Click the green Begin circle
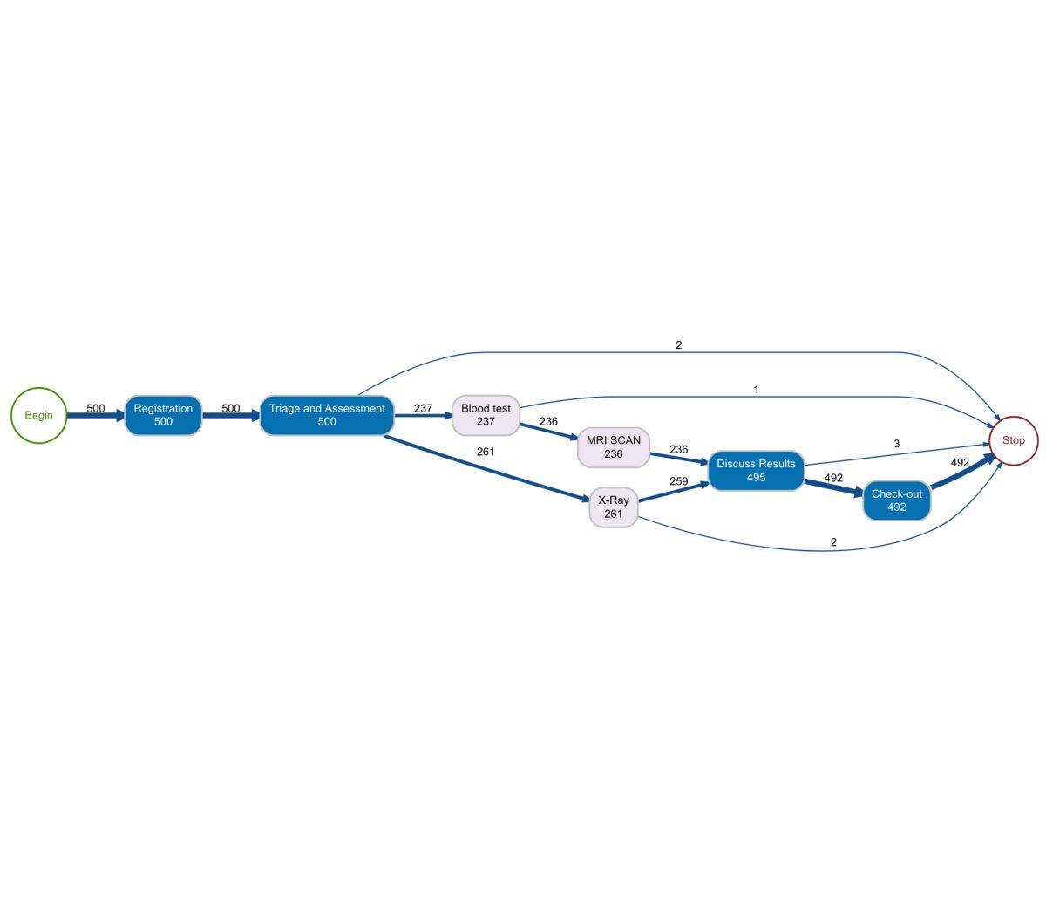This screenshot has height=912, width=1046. [x=38, y=415]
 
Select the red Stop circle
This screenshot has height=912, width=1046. [x=1013, y=440]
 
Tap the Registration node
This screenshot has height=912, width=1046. [x=163, y=415]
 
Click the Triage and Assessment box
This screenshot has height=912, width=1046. [x=327, y=415]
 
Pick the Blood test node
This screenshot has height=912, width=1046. [x=486, y=415]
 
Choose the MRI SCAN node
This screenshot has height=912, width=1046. [x=614, y=447]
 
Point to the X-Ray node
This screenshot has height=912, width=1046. [x=614, y=507]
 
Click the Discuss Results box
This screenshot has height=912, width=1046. [x=756, y=471]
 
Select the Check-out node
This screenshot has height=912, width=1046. [x=896, y=500]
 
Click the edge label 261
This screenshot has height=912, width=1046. [x=486, y=452]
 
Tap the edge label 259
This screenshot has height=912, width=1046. [x=678, y=481]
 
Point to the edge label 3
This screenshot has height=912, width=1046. [x=897, y=444]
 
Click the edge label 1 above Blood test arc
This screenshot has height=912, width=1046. [x=756, y=390]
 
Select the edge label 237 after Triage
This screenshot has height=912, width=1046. [x=423, y=408]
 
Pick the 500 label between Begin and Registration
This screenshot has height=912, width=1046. [x=96, y=408]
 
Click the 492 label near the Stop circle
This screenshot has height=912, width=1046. [x=960, y=463]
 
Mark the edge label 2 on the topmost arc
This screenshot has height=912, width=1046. [x=679, y=345]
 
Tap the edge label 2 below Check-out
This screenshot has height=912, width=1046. [x=833, y=542]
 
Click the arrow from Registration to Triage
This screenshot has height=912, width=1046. [x=231, y=416]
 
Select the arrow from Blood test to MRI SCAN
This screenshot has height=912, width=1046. [x=549, y=432]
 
